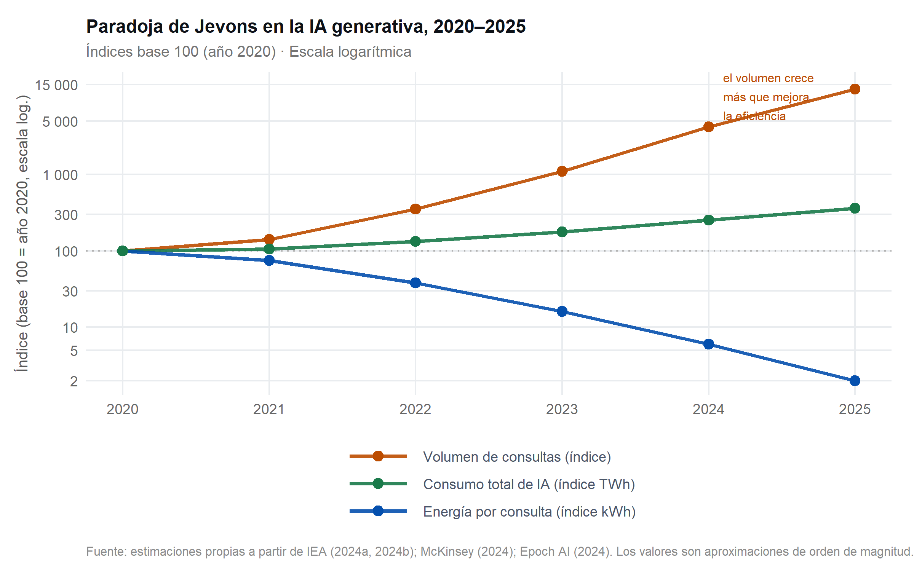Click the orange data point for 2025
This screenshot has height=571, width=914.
tap(855, 89)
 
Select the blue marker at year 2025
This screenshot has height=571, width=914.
tap(855, 381)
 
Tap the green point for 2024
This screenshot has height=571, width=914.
tap(708, 220)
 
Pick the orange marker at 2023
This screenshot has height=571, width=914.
tap(562, 171)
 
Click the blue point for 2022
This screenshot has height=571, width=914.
tap(415, 283)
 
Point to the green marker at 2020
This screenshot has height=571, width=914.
tap(123, 251)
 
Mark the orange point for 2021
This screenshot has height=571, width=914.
tap(269, 239)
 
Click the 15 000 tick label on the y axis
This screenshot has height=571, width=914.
tap(56, 85)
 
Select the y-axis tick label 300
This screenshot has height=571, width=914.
tap(66, 215)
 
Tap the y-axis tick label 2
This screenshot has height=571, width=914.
tap(74, 381)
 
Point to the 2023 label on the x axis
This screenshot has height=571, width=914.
tap(562, 410)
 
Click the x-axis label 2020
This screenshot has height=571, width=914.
tap(123, 410)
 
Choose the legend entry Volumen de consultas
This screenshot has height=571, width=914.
tap(517, 457)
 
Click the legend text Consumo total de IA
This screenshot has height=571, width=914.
tap(529, 484)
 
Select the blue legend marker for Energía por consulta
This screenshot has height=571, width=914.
tap(378, 511)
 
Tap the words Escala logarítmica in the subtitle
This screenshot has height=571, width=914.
tap(350, 52)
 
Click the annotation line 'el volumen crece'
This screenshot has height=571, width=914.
tap(768, 78)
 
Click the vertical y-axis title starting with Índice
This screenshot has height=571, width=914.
tap(22, 233)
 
